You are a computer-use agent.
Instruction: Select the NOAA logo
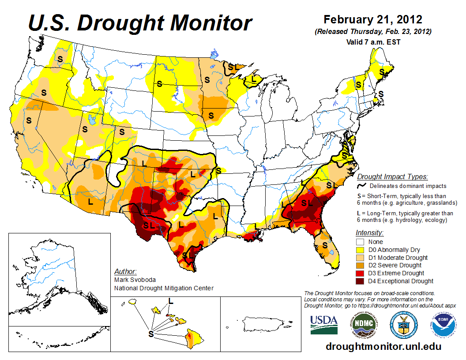tap(442, 326)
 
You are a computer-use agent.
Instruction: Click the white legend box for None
tap(360, 242)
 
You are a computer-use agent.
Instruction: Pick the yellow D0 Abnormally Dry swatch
tap(360, 250)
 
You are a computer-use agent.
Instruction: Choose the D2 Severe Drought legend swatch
tap(360, 265)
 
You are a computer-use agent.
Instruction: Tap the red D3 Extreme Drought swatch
tap(360, 273)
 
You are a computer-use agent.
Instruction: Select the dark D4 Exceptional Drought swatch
tap(360, 281)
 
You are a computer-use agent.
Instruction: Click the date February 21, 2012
tap(373, 20)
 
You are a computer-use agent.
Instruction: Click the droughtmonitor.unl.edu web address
tap(383, 346)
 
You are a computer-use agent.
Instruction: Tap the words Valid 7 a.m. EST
tap(373, 42)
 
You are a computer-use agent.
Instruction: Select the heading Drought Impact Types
tap(392, 177)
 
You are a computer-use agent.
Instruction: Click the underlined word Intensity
tap(369, 232)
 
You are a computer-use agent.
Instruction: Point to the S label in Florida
tap(325, 245)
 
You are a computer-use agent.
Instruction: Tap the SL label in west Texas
tap(148, 225)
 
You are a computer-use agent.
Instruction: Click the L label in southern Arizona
tap(90, 202)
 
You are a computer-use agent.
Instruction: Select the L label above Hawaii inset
tap(171, 300)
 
